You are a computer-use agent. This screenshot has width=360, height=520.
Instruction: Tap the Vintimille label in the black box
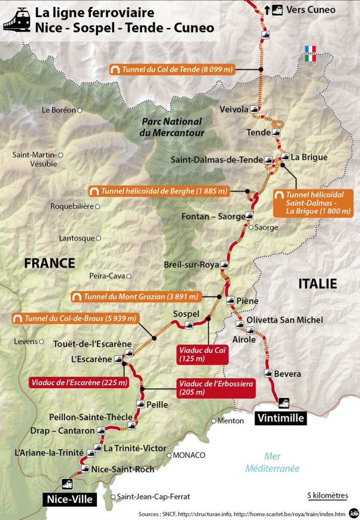[281, 418]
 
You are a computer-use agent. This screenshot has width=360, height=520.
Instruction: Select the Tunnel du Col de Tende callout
[172, 69]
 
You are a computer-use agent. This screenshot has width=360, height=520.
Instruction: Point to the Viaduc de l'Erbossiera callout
[216, 388]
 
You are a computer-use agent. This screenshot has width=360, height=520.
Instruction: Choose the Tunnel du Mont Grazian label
[136, 297]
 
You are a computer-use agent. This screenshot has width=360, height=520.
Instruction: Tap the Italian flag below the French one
[310, 58]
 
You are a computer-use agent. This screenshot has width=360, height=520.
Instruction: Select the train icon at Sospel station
[189, 324]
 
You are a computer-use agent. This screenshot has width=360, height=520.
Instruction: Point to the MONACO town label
[189, 455]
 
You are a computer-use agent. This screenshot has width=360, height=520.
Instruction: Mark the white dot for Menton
[214, 421]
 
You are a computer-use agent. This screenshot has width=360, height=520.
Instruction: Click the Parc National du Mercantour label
[171, 127]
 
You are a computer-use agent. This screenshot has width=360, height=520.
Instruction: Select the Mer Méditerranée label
[272, 462]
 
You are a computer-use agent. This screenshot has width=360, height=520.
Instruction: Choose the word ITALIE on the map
[317, 284]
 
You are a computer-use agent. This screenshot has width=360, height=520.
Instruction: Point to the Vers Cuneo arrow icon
[268, 9]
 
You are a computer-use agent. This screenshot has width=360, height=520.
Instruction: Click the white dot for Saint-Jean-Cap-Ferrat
[113, 497]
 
